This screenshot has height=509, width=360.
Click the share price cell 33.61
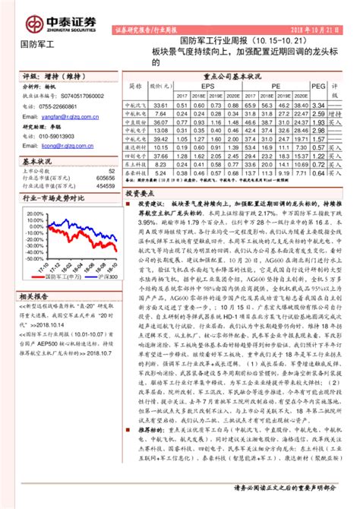click(x=160, y=105)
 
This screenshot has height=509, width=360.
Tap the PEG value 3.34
click(x=318, y=105)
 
